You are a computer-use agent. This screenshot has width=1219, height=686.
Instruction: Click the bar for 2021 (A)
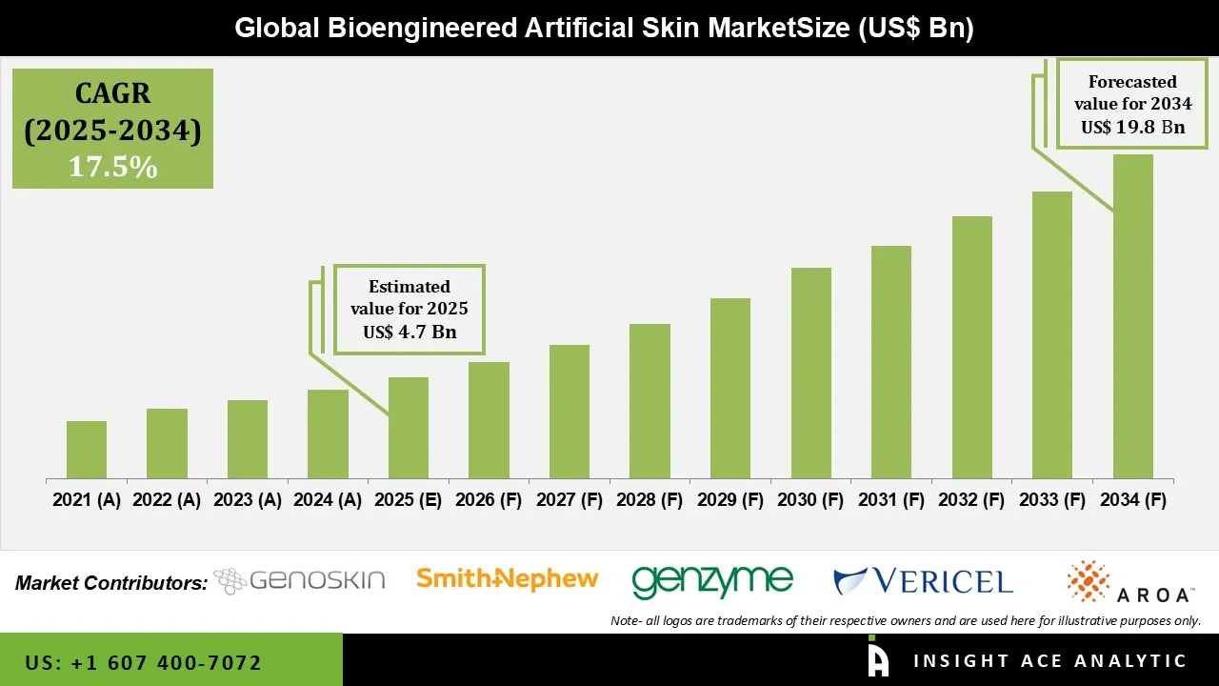87,450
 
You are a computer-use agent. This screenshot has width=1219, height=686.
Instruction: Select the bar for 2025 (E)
409,428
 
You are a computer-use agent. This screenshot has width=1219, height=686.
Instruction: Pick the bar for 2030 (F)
810,373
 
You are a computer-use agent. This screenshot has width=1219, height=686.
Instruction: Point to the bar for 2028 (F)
649,401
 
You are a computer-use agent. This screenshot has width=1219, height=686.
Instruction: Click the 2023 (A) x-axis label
248,500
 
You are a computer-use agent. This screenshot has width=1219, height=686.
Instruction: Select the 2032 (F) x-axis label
971,500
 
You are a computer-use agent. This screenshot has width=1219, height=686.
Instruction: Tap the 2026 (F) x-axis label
489,500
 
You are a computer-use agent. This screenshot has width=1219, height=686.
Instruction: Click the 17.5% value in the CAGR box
112,167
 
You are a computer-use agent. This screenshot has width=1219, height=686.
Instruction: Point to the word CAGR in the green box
112,94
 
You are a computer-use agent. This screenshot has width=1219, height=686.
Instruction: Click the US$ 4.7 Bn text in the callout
410,333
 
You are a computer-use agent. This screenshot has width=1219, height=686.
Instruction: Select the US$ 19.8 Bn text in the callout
1132,127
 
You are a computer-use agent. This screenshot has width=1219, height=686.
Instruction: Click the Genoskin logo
299,580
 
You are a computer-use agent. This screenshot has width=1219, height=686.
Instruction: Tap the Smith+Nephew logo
508,578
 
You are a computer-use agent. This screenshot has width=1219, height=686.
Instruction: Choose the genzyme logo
711,580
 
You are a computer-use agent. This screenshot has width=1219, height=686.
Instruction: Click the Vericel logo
923,580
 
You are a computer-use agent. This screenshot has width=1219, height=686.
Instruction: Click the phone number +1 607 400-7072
143,662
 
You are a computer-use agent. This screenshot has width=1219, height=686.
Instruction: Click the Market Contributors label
111,583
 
